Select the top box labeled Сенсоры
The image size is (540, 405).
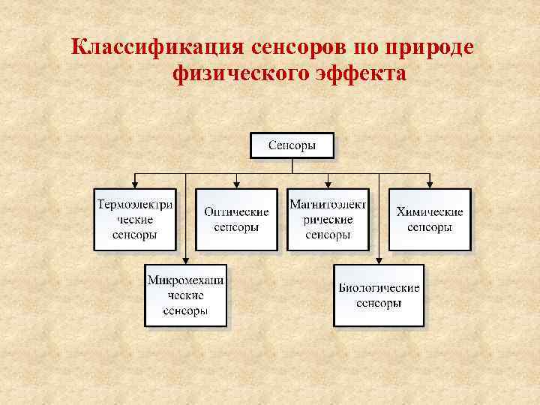click(292, 145)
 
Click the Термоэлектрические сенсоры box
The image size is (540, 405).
click(135, 219)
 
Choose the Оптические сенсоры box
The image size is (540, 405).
click(236, 219)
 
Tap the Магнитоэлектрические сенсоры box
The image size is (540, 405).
click(328, 219)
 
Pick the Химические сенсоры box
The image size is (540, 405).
click(430, 219)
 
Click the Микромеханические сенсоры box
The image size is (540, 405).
click(185, 295)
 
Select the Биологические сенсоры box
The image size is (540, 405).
click(379, 295)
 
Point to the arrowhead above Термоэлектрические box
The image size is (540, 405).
click(135, 184)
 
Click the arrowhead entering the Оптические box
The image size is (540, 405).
click(236, 184)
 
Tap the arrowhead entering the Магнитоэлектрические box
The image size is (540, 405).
click(328, 184)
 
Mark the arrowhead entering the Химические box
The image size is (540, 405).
click(430, 184)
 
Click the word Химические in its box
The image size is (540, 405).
click(430, 211)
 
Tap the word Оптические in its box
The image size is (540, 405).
click(236, 211)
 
